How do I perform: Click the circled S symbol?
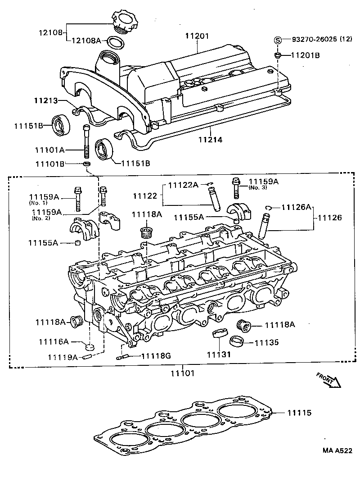278,40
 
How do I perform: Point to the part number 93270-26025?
310,40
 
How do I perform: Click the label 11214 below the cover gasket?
211,140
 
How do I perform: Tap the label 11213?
44,100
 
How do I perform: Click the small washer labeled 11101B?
86,163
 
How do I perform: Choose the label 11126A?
297,207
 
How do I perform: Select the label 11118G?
156,356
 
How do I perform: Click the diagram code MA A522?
337,450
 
